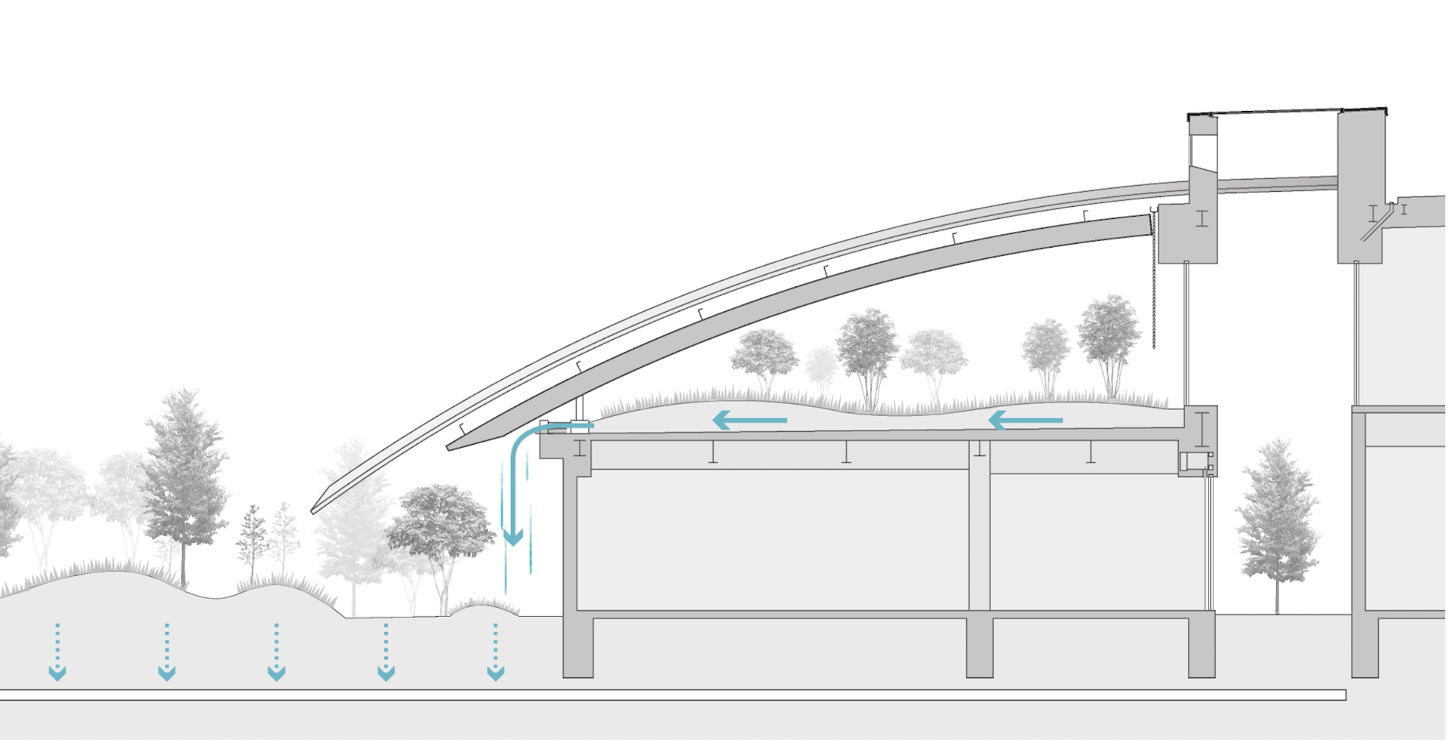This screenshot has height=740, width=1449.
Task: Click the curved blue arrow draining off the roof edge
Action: tap(516, 483)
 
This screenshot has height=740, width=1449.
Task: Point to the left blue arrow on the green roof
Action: tap(750, 420)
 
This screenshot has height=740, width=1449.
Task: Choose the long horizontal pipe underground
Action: tap(672, 695)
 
